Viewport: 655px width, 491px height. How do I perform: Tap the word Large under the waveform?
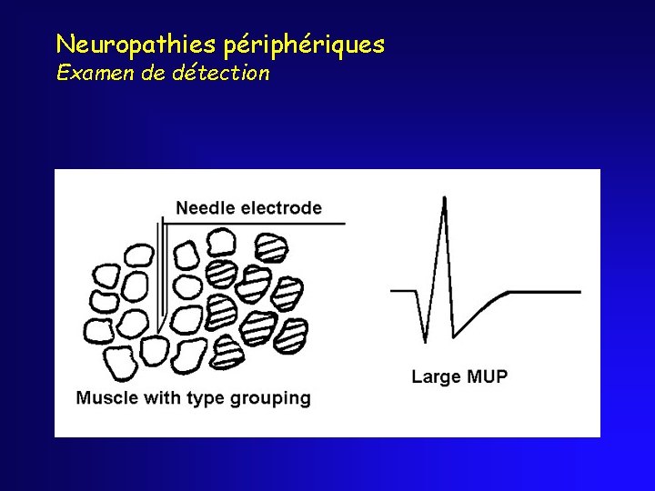pyautogui.click(x=436, y=376)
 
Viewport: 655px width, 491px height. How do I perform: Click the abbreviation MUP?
pyautogui.click(x=486, y=376)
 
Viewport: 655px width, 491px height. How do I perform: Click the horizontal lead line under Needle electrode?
pyautogui.click(x=255, y=222)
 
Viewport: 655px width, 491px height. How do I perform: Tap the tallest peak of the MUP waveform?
pyautogui.click(x=444, y=197)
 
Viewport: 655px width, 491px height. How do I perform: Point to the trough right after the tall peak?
pyautogui.click(x=454, y=337)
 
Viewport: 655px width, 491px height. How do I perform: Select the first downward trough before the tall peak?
pyautogui.click(x=425, y=341)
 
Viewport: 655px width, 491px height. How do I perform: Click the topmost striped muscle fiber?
pyautogui.click(x=272, y=248)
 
